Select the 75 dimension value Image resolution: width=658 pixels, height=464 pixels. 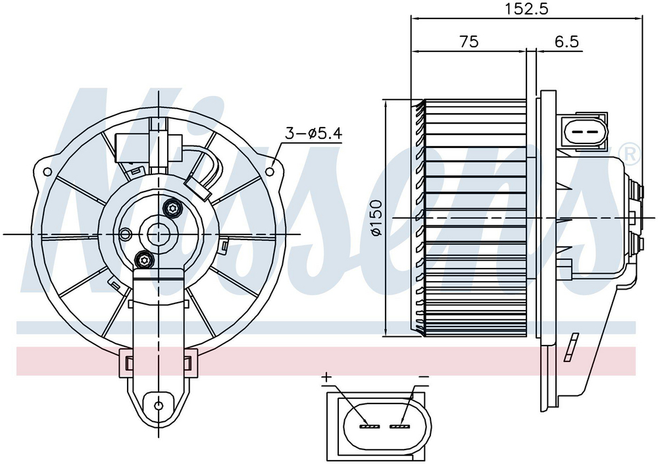coord(468,41)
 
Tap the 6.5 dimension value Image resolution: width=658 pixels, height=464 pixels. coord(567,41)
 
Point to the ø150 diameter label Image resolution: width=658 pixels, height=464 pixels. coord(376,217)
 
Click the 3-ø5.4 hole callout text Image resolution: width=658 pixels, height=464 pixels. coord(314,134)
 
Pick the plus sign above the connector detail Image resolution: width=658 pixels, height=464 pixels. coord(326,378)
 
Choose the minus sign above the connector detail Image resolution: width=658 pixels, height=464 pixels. coord(423,377)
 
